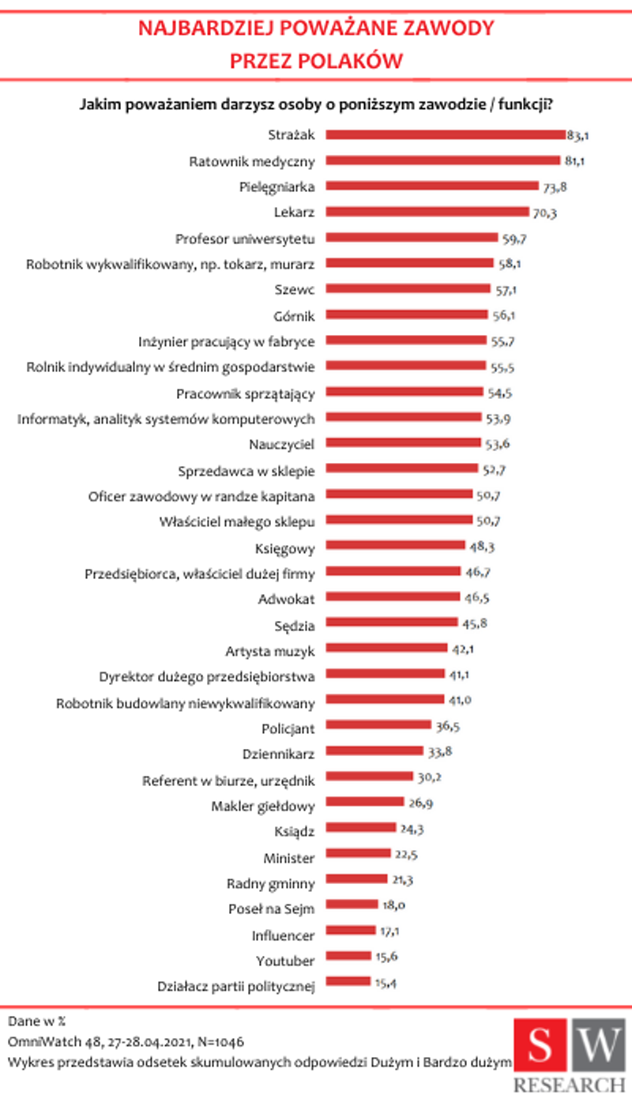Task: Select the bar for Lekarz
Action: click(x=427, y=212)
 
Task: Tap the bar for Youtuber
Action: click(x=348, y=956)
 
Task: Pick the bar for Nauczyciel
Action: click(x=403, y=442)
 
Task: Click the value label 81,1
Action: click(x=576, y=161)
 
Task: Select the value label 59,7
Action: click(x=513, y=238)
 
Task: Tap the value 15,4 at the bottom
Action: click(x=385, y=982)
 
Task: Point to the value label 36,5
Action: click(x=446, y=725)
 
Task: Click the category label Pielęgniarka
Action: click(x=277, y=187)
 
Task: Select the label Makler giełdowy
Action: click(x=264, y=807)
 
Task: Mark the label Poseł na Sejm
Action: click(x=272, y=909)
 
